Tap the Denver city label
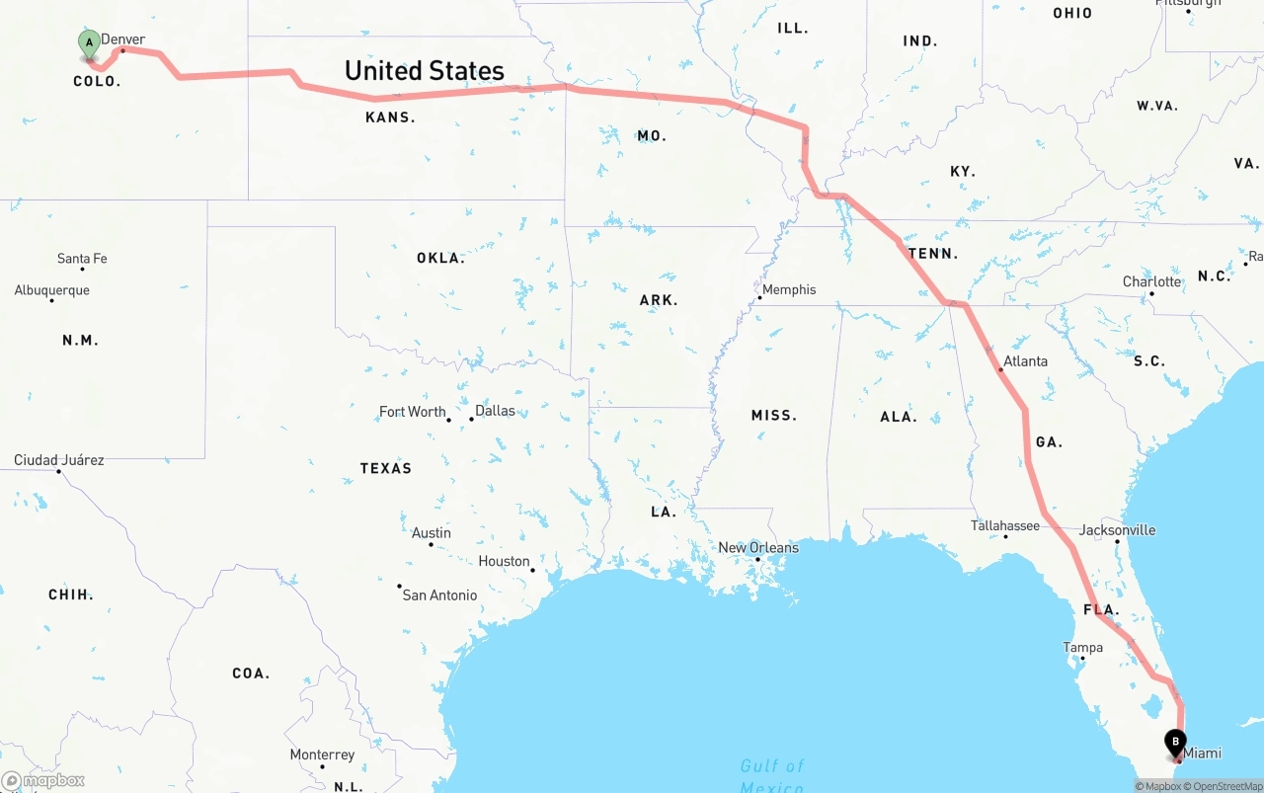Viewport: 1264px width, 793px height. pos(123,40)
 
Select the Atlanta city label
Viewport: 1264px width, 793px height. pos(1025,361)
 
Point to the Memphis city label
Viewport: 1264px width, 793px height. pos(789,289)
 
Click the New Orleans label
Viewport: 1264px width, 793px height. pos(758,548)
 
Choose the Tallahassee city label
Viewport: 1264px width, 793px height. pos(1005,525)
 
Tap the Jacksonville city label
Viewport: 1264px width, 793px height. pos(1117,530)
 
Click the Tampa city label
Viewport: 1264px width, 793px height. pos(1082,648)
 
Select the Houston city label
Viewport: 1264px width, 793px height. pos(505,561)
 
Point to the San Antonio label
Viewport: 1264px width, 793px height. pos(439,595)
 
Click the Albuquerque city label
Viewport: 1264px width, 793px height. pos(51,290)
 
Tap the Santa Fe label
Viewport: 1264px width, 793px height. pos(82,259)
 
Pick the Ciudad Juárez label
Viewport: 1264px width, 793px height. pos(58,460)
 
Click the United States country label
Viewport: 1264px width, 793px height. pos(425,71)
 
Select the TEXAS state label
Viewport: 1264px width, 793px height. pos(386,468)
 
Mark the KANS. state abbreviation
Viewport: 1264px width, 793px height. pos(390,118)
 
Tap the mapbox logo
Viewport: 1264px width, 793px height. pos(43,780)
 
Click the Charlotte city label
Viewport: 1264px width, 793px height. pos(1151,281)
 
